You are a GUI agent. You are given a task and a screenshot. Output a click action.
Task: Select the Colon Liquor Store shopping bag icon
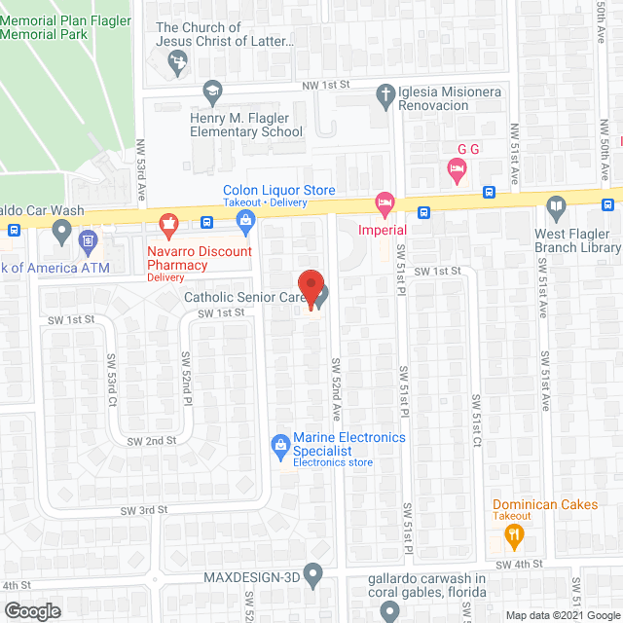coord(244,224)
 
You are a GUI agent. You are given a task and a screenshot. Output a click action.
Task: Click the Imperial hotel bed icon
coord(385,205)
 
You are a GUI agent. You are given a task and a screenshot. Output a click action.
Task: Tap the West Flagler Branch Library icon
coord(556,205)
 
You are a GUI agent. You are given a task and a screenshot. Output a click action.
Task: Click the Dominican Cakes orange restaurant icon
coord(516,533)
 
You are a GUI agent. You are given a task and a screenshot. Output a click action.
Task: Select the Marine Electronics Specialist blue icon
coord(280,445)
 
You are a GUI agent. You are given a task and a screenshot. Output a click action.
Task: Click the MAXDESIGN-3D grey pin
coord(312,576)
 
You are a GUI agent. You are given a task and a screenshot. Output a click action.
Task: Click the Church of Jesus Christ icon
coord(177,61)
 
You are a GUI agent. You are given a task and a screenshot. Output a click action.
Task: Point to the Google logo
coord(32,610)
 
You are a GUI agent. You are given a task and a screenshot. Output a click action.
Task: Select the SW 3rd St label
coord(144,510)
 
